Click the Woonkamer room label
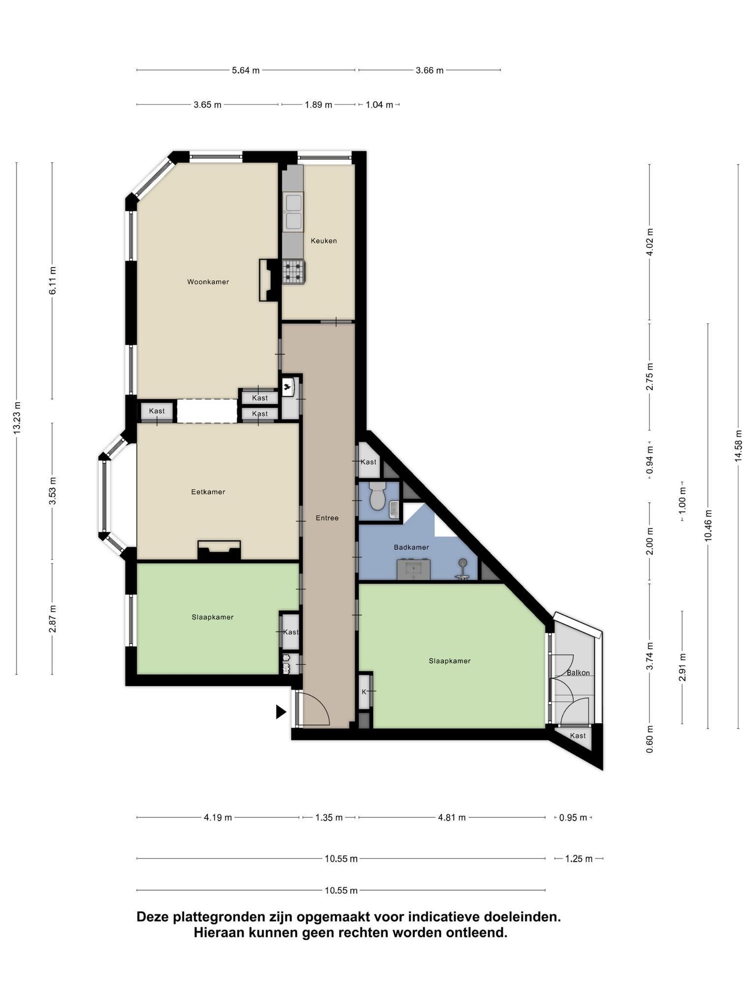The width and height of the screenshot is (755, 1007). [208, 282]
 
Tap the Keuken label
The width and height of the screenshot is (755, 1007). [323, 241]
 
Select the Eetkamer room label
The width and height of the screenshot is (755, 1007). [208, 492]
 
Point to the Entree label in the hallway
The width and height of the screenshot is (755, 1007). [327, 518]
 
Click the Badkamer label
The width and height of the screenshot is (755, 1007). [411, 547]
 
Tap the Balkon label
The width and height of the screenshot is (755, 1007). [578, 673]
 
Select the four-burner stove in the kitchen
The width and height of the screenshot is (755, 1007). [294, 272]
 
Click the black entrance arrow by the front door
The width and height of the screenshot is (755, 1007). [281, 712]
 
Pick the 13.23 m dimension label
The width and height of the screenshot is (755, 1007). [17, 417]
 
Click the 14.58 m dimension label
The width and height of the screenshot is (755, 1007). [738, 445]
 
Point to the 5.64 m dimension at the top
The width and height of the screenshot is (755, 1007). [246, 70]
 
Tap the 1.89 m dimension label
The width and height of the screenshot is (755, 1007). [319, 105]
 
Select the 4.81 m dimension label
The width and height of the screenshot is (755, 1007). [452, 818]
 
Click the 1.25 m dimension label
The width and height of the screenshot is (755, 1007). [579, 859]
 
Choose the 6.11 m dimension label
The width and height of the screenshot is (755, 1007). [53, 280]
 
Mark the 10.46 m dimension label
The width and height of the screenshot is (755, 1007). [708, 526]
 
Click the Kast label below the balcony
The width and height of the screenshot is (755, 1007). [578, 736]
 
